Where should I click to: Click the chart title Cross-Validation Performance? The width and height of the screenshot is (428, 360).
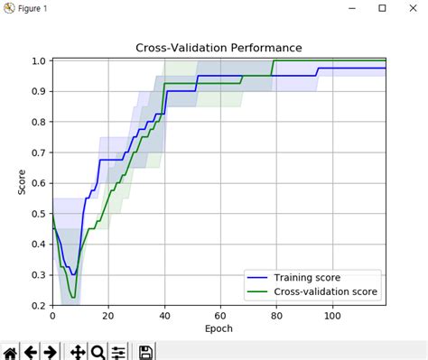click(219, 47)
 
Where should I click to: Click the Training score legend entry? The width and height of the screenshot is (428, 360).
click(307, 277)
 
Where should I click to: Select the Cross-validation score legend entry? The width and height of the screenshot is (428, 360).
click(325, 291)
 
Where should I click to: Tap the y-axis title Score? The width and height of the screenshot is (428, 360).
click(22, 183)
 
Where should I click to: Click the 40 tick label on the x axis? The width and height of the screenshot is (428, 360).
click(164, 316)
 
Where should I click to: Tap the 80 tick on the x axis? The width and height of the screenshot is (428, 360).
click(276, 316)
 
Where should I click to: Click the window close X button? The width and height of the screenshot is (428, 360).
click(411, 8)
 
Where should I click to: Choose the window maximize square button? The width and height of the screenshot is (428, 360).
click(382, 8)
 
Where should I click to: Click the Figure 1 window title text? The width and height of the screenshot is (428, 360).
click(35, 8)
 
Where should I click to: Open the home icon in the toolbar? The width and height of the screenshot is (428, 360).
click(10, 351)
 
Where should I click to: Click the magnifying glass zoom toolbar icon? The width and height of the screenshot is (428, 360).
click(98, 351)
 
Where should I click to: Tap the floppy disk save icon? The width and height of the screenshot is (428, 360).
click(145, 351)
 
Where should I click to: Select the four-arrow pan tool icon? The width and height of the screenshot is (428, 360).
click(77, 351)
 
